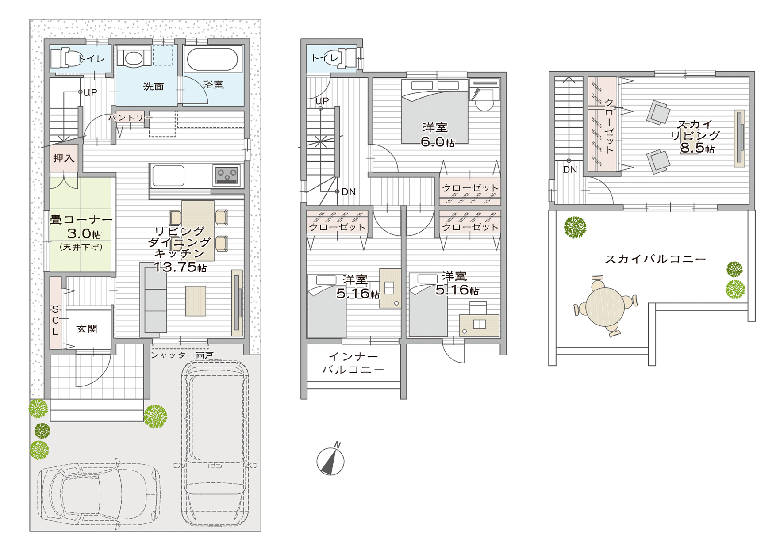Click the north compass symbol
coord(330,459)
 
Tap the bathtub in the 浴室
coord(212,59)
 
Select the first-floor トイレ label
coord(91,59)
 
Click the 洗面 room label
coord(154,87)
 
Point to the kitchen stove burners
coord(227,175)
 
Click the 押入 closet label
coord(64,158)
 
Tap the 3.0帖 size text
coord(84,233)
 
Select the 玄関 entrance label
coord(87,329)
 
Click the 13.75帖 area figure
coord(180,267)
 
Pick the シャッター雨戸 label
coord(182,355)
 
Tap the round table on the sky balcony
coord(605,306)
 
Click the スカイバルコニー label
coord(655,259)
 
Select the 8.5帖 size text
coord(697,148)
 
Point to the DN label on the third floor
coord(570,169)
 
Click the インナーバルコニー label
coord(353,363)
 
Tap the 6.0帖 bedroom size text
coord(438,142)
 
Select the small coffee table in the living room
coord(196,301)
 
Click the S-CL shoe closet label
coord(55,320)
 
